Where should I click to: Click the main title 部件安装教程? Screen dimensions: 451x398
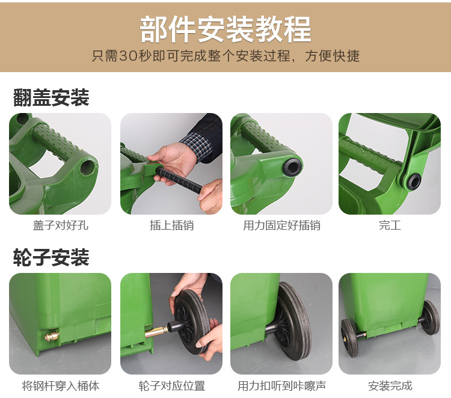point(226,29)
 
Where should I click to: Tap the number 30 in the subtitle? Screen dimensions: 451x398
point(127,56)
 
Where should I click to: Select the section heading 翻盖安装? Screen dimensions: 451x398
point(51,97)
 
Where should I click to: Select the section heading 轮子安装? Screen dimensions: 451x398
point(51,257)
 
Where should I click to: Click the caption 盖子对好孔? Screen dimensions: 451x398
point(60,225)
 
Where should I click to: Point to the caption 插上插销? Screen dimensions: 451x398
point(172,225)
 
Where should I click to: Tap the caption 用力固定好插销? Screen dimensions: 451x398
point(281,225)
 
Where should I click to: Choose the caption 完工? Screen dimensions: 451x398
point(390,225)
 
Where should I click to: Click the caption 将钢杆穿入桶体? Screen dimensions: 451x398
point(60,385)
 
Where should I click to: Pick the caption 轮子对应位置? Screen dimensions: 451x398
point(172,385)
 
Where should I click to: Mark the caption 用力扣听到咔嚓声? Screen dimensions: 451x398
point(281,385)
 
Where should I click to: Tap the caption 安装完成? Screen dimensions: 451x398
point(390,385)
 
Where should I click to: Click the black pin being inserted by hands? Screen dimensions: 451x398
point(179,180)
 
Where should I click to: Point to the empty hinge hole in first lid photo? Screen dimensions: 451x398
point(87,167)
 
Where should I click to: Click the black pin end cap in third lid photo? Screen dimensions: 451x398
point(293,166)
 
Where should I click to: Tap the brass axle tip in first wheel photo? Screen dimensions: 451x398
point(52,335)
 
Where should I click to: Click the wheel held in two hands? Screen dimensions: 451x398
point(192,321)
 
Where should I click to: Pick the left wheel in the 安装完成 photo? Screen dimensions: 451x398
point(349,337)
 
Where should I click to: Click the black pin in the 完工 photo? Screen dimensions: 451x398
point(414,182)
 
